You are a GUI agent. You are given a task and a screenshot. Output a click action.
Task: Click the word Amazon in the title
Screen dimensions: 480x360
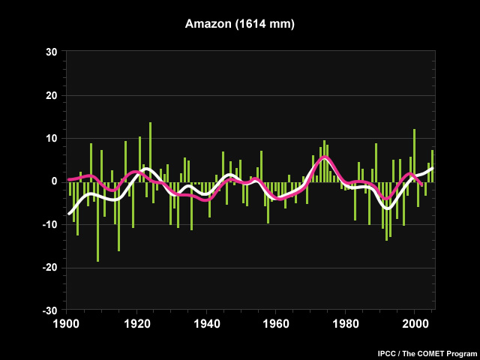pos(208,23)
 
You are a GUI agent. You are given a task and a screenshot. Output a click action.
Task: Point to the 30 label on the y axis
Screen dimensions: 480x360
pos(52,52)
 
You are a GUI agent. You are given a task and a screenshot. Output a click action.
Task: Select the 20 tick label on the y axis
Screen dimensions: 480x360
pos(52,95)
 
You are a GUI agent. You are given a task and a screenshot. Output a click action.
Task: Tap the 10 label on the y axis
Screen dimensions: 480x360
pos(52,138)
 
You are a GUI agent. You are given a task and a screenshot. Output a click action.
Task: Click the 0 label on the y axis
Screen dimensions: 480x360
pos(55,181)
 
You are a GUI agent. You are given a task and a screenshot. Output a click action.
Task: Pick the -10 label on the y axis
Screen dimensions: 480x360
pos(50,225)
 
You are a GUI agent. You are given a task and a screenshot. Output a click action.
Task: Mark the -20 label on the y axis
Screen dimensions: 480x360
pos(50,268)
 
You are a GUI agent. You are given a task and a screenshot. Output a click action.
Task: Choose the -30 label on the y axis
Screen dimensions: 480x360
pos(50,311)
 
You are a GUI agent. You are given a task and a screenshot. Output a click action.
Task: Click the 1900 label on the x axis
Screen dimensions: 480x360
pos(67,324)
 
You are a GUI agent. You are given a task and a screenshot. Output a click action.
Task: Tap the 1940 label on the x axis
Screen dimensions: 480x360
pos(206,324)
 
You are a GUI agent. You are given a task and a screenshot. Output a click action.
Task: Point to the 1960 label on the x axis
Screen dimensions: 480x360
pos(276,324)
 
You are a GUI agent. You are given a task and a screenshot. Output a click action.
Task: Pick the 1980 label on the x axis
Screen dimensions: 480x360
pos(345,324)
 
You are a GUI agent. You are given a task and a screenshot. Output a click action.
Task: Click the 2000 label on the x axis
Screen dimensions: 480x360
pos(414,324)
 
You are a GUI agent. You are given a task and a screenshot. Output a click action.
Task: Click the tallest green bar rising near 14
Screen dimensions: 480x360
pos(150,152)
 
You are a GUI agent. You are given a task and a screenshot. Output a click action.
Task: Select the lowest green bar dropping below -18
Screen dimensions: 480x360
pos(98,222)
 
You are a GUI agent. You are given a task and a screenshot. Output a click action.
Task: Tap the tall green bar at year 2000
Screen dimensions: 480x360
pos(415,155)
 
